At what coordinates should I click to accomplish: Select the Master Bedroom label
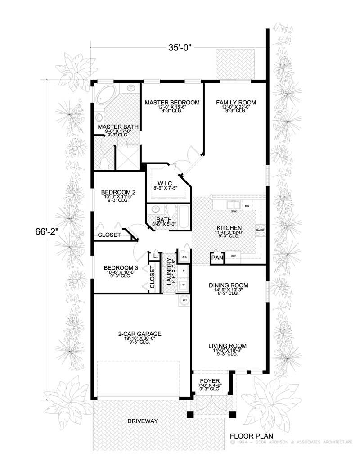pyautogui.click(x=171, y=103)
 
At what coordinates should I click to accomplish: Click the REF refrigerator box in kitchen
pyautogui.click(x=234, y=256)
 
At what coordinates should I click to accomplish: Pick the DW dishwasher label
pyautogui.click(x=247, y=206)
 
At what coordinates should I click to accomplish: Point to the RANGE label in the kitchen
pyautogui.click(x=260, y=230)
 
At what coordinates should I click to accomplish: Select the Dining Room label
pyautogui.click(x=228, y=285)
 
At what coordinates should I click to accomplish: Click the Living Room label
pyautogui.click(x=227, y=346)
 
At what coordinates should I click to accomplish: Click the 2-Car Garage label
pyautogui.click(x=139, y=334)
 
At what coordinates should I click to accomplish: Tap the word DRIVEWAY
pyautogui.click(x=142, y=421)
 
